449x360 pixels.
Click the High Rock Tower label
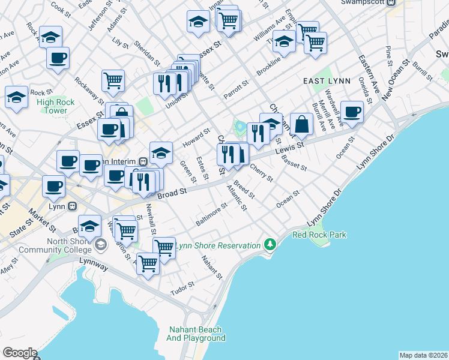(x=55, y=106)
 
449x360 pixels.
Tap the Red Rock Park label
(x=319, y=235)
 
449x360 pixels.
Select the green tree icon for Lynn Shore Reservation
(x=271, y=245)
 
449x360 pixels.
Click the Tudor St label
(x=179, y=290)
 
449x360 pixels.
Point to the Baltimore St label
(x=211, y=214)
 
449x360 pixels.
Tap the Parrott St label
(x=237, y=89)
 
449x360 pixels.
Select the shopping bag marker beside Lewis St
(x=301, y=124)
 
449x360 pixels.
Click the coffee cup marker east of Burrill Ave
(x=352, y=112)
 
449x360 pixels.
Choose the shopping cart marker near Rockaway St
(x=113, y=80)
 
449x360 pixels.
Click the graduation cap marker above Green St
(x=161, y=153)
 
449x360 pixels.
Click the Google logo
(x=20, y=352)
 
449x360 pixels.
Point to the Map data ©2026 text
(x=423, y=355)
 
